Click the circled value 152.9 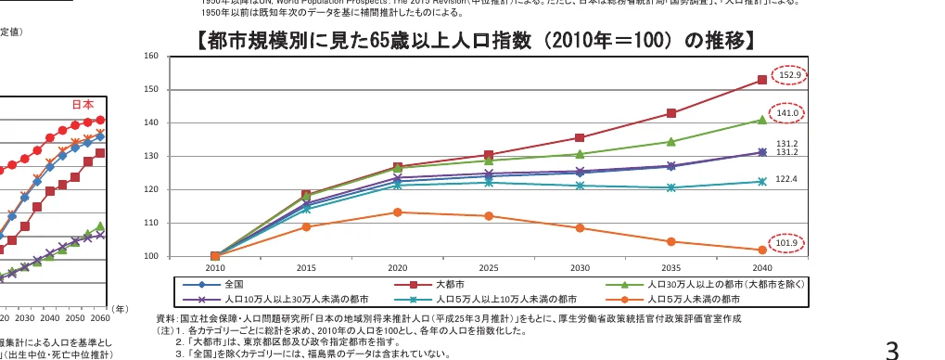click(790, 74)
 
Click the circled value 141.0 click(790, 112)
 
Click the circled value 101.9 click(790, 244)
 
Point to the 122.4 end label click(786, 178)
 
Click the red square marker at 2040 click(762, 80)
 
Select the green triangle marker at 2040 click(762, 120)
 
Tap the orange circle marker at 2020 click(397, 212)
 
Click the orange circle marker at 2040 click(762, 250)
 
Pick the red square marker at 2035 click(671, 113)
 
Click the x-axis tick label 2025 click(489, 267)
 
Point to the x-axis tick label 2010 click(215, 267)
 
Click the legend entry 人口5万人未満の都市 click(693, 300)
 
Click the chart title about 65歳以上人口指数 click(473, 41)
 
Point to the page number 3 click(892, 349)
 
